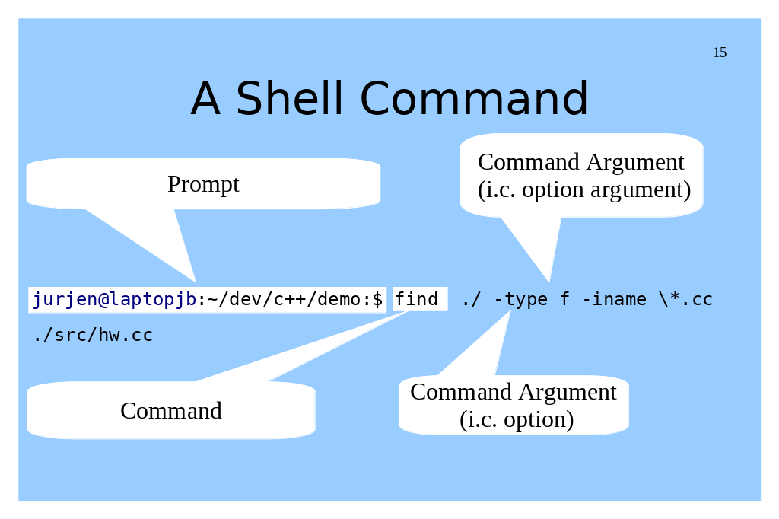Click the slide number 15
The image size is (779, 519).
[720, 53]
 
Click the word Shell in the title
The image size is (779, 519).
[290, 98]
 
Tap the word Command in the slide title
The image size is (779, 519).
[473, 98]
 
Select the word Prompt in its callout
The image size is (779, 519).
[203, 185]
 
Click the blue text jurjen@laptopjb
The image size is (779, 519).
[114, 299]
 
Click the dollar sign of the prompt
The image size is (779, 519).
[377, 299]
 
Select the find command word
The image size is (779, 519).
[416, 299]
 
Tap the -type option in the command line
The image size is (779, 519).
[521, 299]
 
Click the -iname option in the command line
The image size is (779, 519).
[614, 299]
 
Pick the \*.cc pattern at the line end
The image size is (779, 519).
[685, 299]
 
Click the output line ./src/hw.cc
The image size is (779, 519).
[93, 335]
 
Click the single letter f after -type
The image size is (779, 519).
[565, 299]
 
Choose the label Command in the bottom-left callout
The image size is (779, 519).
[171, 411]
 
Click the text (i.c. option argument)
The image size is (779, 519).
[584, 190]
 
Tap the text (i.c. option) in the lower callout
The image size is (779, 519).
[517, 419]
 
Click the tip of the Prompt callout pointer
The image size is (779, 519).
[196, 282]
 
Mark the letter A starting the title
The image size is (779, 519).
[205, 98]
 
